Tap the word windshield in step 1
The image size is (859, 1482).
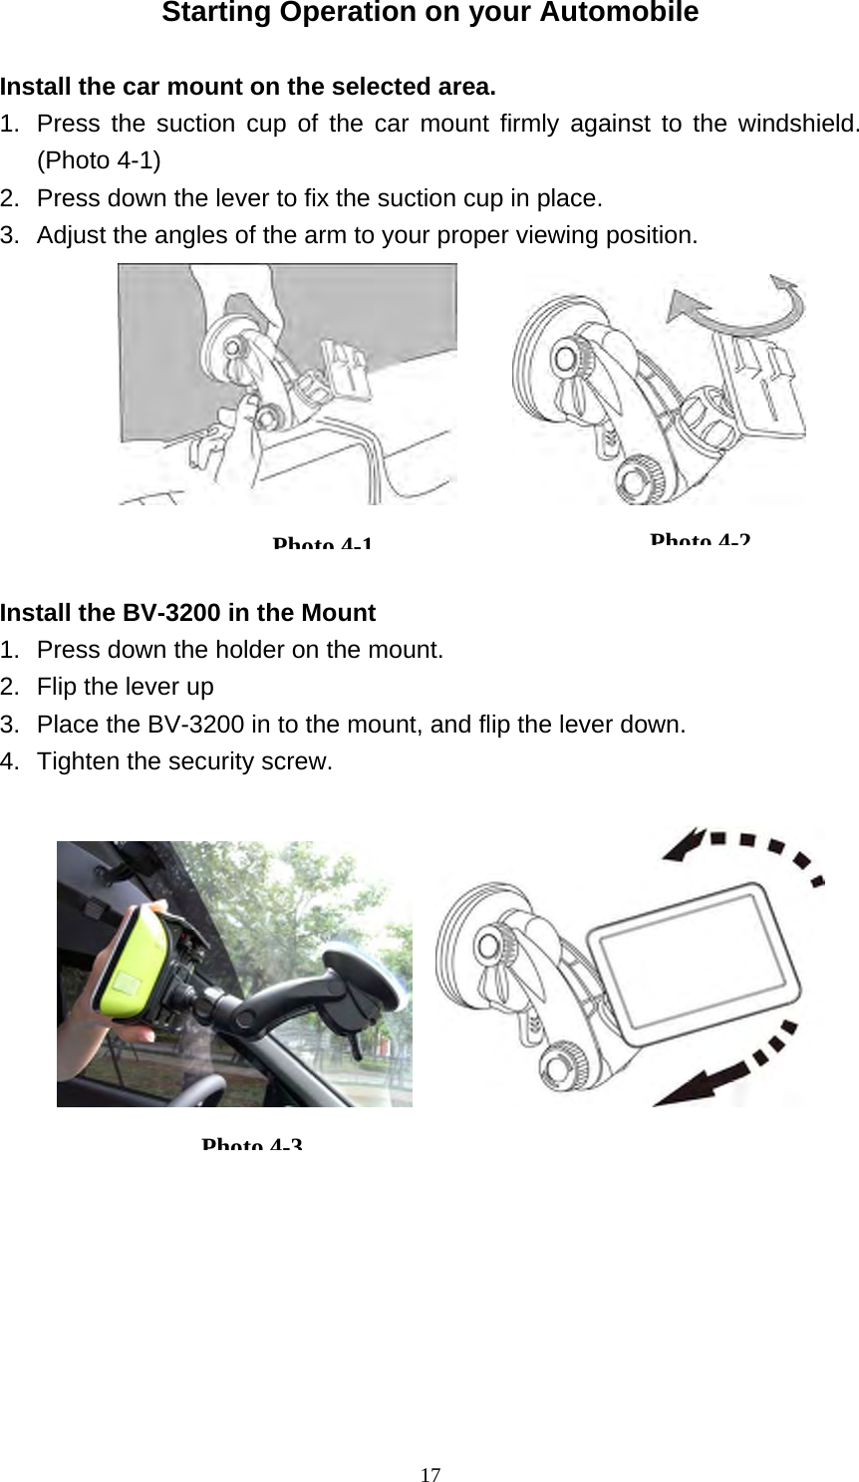[796, 125]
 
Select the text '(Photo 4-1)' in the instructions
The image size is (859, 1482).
[101, 160]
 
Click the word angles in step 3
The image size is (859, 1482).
[191, 236]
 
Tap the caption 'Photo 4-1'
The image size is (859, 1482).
[322, 544]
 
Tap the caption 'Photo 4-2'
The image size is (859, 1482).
[700, 540]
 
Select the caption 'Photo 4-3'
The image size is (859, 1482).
[251, 1144]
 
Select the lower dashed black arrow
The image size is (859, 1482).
[742, 1065]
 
